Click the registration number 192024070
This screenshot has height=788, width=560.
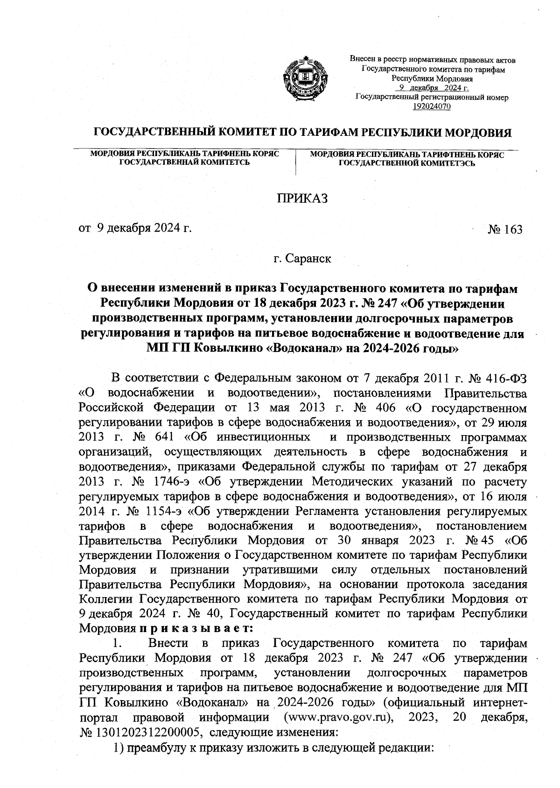tap(432, 107)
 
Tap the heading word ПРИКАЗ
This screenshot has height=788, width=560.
tap(303, 198)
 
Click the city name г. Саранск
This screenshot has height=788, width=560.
tap(302, 259)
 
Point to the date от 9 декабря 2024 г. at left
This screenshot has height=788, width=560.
tap(135, 229)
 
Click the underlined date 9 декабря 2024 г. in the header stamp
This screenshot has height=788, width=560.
tap(432, 88)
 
